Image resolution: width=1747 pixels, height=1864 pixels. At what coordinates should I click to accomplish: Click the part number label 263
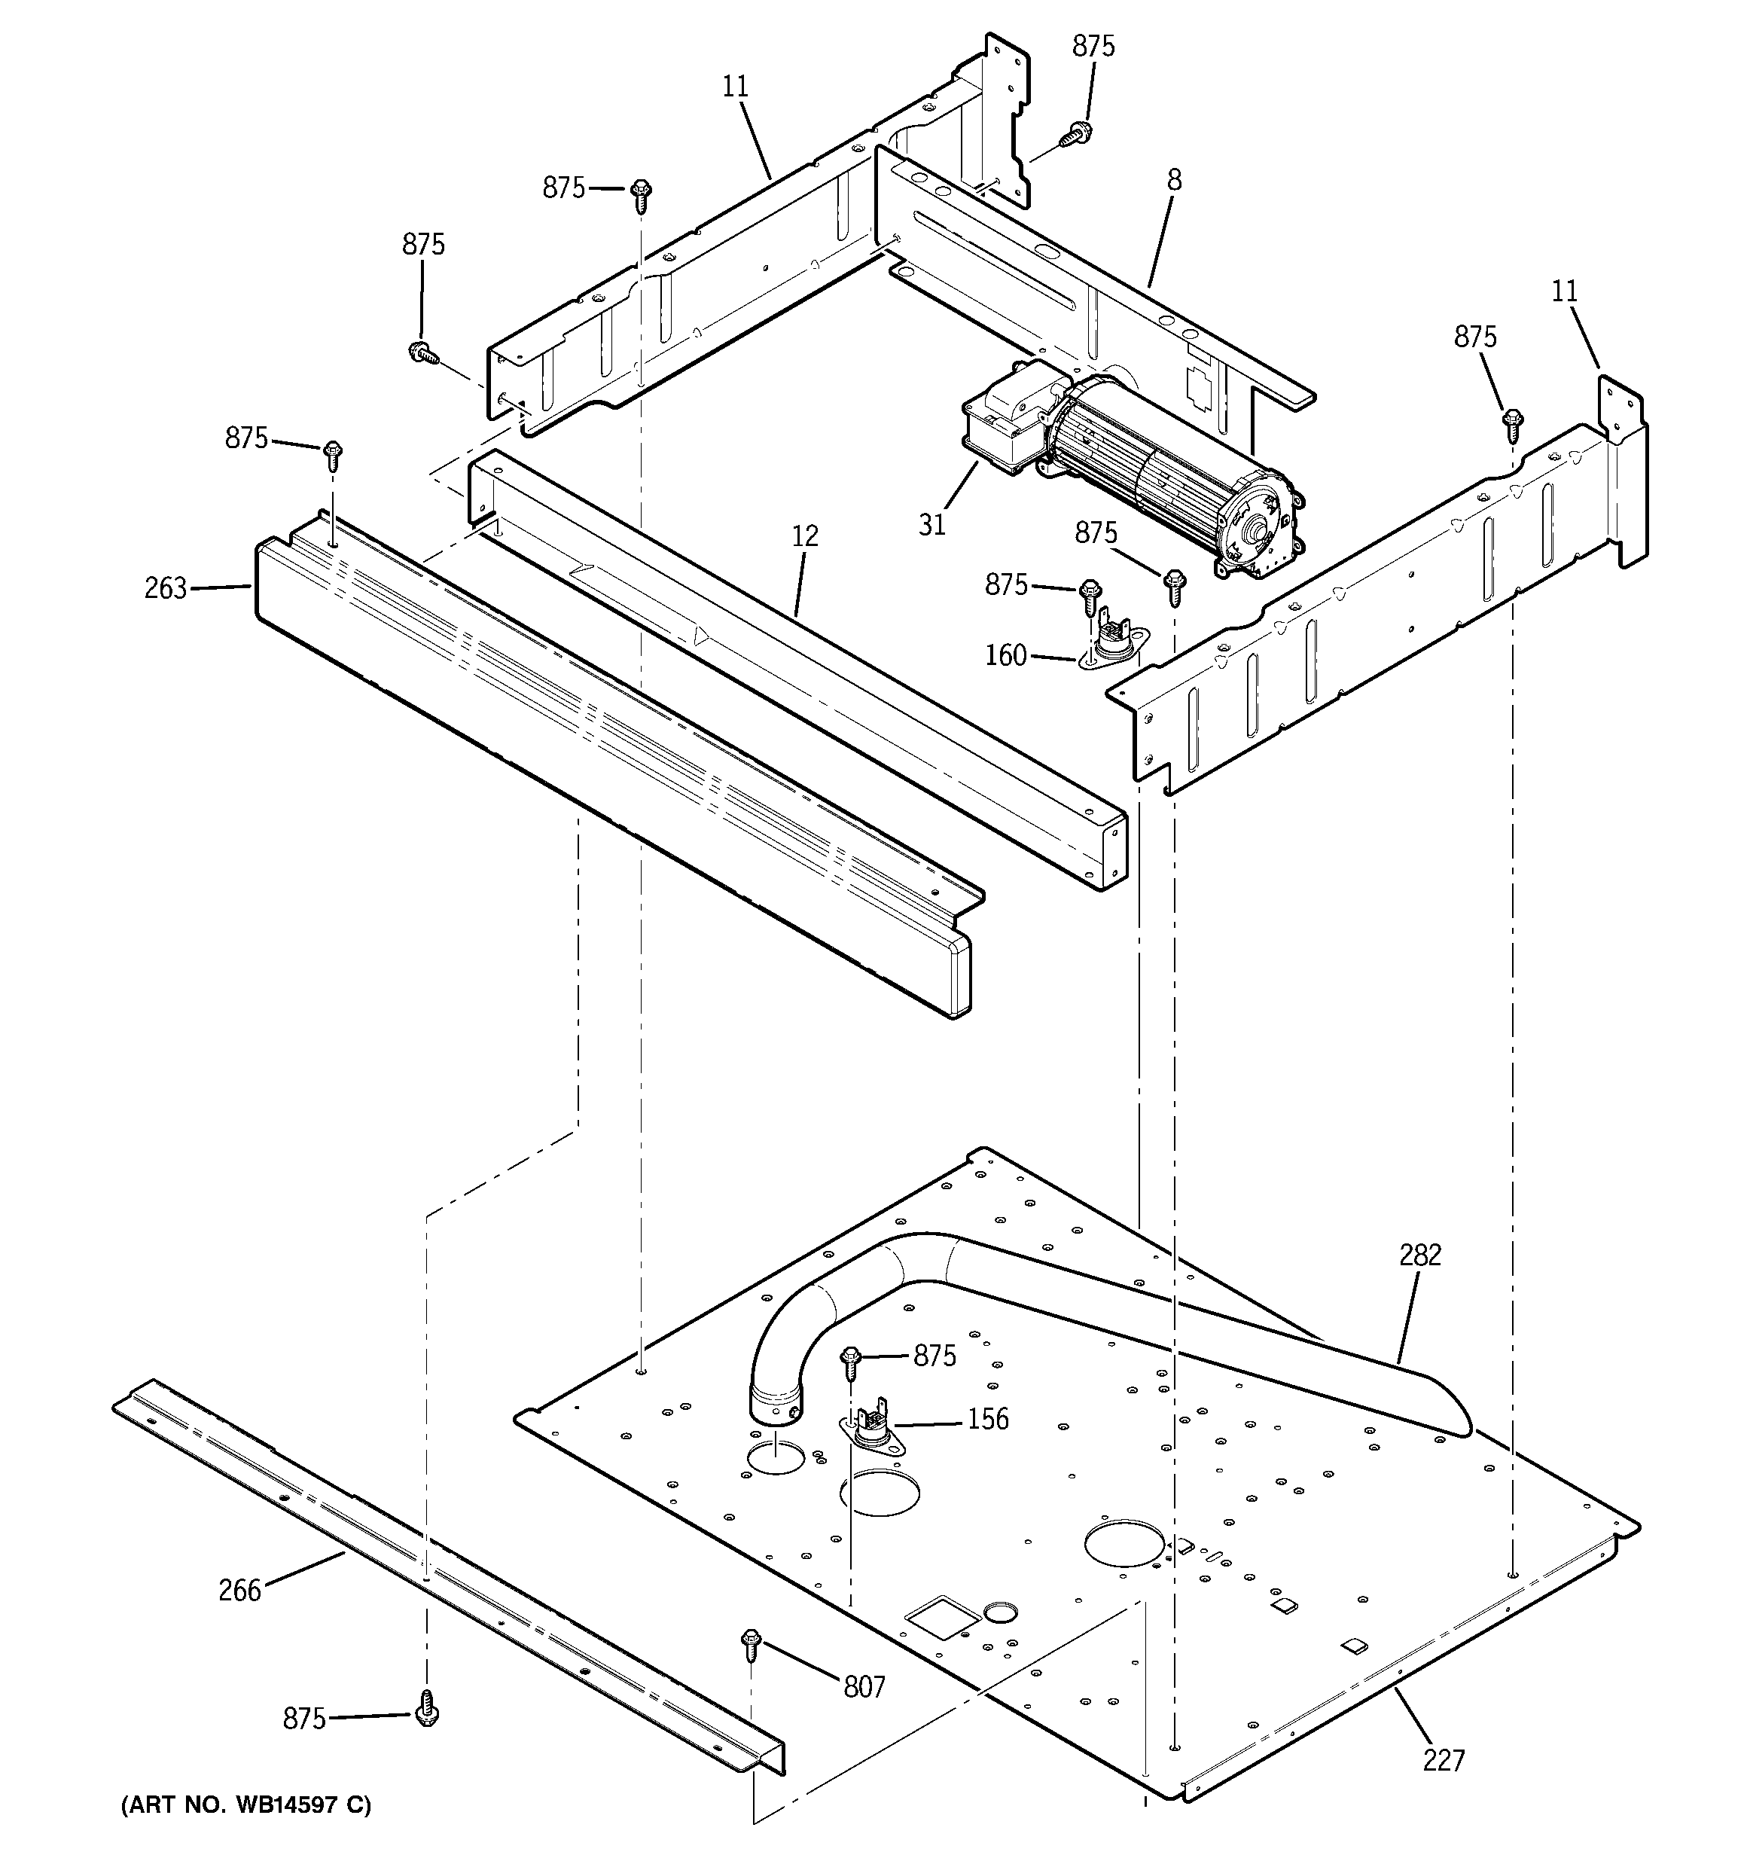165,588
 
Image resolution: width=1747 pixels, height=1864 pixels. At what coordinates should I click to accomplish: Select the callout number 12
804,536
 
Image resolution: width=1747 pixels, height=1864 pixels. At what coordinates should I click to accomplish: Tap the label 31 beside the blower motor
932,524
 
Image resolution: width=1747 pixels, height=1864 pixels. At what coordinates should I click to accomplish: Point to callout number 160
1005,654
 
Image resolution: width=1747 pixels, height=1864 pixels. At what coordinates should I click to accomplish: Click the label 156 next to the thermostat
987,1419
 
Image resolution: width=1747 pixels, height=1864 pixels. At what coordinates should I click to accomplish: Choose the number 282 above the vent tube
1419,1255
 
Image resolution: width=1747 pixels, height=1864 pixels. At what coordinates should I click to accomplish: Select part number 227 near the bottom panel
1444,1761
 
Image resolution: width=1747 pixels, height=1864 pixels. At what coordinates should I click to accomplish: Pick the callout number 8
1174,180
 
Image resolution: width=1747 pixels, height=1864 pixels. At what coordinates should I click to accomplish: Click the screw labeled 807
750,1642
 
